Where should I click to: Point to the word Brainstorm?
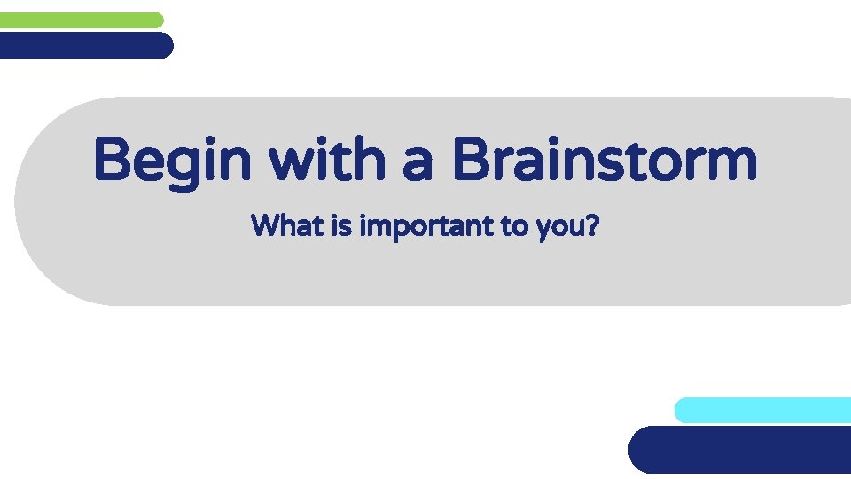[604, 161]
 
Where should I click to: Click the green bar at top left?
[82, 20]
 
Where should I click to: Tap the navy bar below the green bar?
[85, 45]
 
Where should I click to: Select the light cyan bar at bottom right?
[762, 410]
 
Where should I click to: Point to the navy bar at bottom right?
[741, 450]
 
